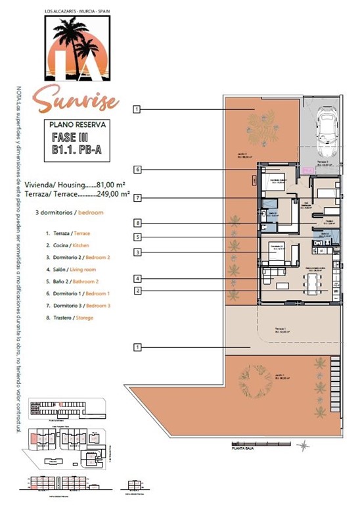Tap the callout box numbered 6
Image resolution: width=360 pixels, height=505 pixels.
coord(137,169)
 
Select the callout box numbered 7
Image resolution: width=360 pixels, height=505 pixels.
coord(137,197)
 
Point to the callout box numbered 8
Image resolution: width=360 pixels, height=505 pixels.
coord(137,222)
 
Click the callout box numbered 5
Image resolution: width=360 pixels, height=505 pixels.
coord(137,237)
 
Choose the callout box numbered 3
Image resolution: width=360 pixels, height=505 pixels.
coord(137,252)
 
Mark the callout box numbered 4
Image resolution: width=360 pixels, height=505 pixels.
coord(137,278)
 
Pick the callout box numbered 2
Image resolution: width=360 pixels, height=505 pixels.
coord(137,291)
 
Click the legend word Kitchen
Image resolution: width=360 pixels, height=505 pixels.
coord(86,245)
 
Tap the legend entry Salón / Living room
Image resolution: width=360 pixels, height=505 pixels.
coord(74,270)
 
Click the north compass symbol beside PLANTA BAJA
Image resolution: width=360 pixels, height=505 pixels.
coord(303,446)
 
